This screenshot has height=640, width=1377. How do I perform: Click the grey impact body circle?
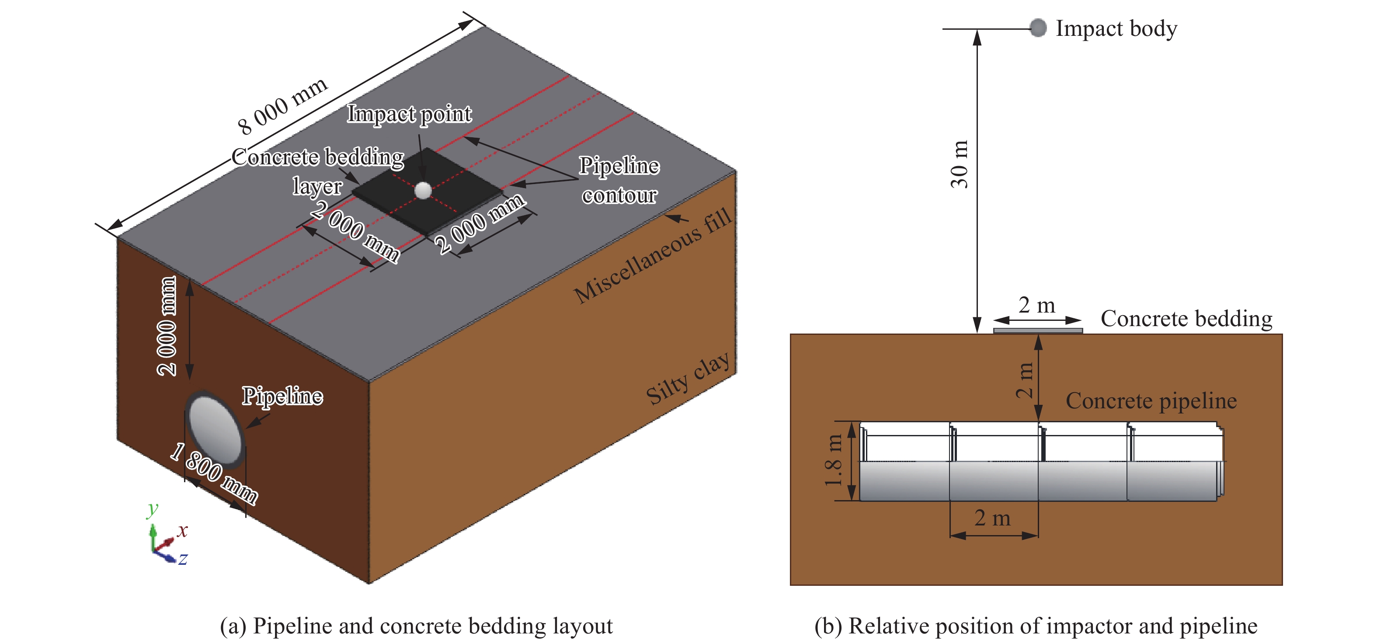click(x=1038, y=28)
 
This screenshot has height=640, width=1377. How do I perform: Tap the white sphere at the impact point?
click(x=423, y=190)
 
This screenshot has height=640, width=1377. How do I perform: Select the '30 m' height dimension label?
click(x=960, y=164)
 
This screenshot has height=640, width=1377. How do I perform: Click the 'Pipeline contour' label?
click(x=619, y=180)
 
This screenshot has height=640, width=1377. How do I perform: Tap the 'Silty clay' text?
click(x=688, y=379)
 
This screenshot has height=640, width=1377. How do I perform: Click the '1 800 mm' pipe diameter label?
click(x=214, y=473)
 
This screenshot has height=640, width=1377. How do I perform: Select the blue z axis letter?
click(x=183, y=559)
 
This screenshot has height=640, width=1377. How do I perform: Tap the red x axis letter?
click(x=182, y=530)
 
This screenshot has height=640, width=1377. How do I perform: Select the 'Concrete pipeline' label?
click(x=1151, y=400)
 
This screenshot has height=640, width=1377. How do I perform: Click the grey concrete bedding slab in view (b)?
click(x=1038, y=331)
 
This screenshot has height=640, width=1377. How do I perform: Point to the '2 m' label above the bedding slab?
click(x=1036, y=305)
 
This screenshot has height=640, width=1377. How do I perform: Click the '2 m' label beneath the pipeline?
click(x=992, y=518)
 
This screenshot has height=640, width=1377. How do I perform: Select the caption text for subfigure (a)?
click(x=417, y=626)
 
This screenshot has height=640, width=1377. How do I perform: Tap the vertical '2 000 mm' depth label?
click(x=167, y=326)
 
